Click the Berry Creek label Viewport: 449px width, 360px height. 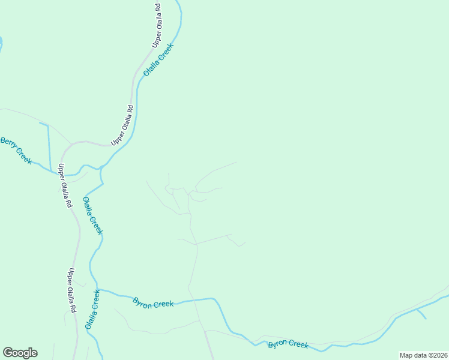coord(16,150)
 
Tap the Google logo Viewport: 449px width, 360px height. coord(20,353)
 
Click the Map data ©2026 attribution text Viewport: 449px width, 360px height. coord(423,355)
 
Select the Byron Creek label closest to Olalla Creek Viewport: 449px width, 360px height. coord(153,303)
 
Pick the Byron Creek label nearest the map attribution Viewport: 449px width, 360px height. coord(288,344)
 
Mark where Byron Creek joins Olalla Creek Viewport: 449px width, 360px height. coord(98,289)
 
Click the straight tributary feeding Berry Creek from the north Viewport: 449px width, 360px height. coord(48,144)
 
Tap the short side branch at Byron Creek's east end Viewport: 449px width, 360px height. coord(421,313)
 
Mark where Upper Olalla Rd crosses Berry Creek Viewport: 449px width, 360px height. coord(62,175)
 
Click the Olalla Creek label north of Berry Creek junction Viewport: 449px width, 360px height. coord(158,59)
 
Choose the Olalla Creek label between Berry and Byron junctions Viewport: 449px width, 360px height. coord(93,215)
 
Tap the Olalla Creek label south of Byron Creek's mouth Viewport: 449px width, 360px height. coord(92,309)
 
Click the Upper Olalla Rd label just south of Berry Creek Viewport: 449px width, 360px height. coord(65,186)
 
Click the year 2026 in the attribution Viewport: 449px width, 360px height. coord(439,355)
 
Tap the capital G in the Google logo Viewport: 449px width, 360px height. coord(8,353)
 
